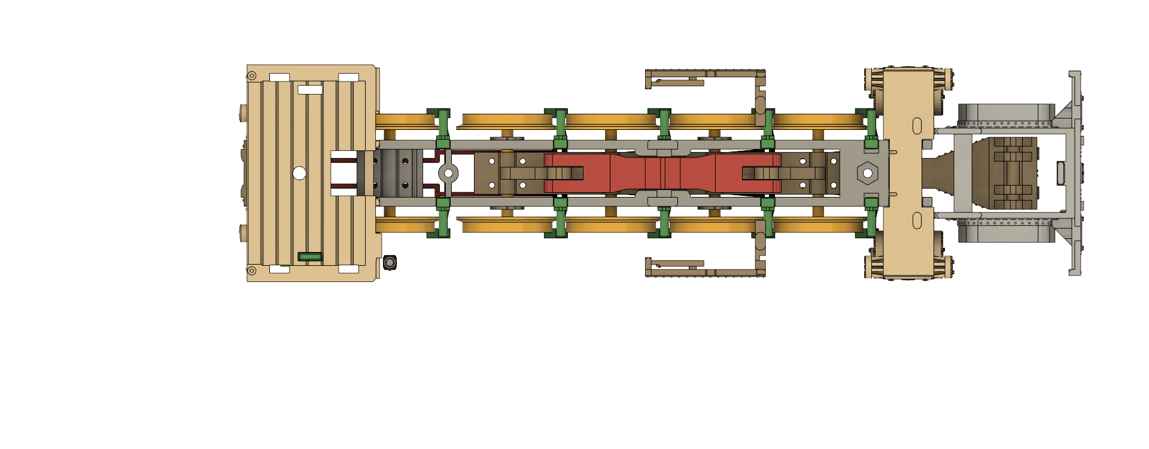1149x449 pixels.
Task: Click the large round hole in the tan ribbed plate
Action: click(x=299, y=174)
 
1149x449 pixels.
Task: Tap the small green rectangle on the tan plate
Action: click(x=310, y=257)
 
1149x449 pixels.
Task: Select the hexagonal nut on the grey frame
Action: click(x=867, y=174)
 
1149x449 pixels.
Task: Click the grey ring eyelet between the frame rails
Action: click(x=448, y=174)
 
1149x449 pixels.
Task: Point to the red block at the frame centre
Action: click(x=662, y=173)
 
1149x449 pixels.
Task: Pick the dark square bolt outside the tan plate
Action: click(x=390, y=262)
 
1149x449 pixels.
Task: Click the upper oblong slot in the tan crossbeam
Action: click(x=917, y=126)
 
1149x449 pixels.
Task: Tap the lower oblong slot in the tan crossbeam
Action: click(x=917, y=221)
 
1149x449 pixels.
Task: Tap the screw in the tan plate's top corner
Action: click(x=252, y=75)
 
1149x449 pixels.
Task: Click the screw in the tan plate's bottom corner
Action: click(x=252, y=271)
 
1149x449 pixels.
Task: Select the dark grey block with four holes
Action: click(x=398, y=173)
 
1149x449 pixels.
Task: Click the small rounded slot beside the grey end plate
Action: click(x=1060, y=173)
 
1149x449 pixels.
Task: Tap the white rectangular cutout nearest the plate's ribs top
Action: click(x=310, y=90)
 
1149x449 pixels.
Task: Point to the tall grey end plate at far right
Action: click(x=1075, y=173)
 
